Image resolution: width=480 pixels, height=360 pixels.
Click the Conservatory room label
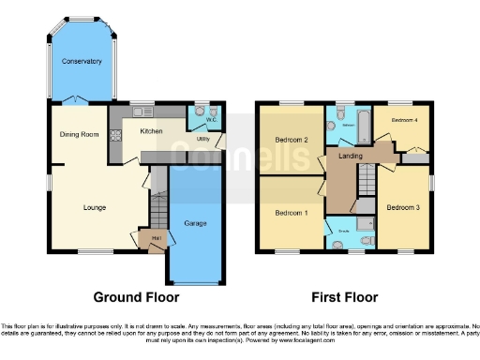click(x=82, y=62)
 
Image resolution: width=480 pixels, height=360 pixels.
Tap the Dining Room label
click(x=80, y=134)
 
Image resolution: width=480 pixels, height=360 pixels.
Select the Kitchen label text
click(x=151, y=131)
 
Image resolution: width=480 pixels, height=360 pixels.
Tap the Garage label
click(x=196, y=224)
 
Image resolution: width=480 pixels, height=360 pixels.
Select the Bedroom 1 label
click(x=291, y=213)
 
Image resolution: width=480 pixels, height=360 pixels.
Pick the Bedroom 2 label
click(x=292, y=141)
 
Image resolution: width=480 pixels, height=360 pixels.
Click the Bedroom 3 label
click(x=403, y=205)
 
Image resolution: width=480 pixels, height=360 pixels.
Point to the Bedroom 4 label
click(x=404, y=120)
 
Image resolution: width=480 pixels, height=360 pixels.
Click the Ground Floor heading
click(x=136, y=297)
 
